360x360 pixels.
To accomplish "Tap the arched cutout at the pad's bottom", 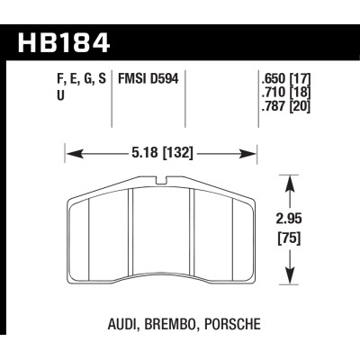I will click(165, 260).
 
